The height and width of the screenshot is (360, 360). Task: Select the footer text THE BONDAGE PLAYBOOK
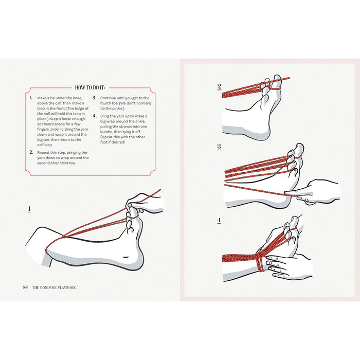coord(55,287)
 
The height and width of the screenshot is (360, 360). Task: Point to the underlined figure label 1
coord(29,209)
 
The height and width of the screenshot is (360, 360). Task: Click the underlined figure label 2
coord(219,87)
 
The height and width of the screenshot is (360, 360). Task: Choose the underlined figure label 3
coord(219,147)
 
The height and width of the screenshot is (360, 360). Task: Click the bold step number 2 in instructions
coord(31,152)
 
